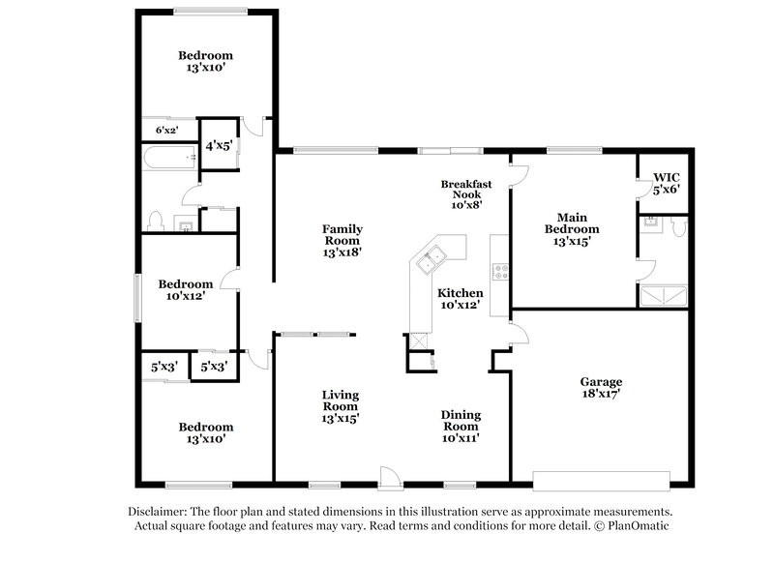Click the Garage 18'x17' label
click(x=601, y=387)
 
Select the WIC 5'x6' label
click(x=667, y=184)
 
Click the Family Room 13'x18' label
click(x=342, y=240)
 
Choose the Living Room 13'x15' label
click(x=341, y=406)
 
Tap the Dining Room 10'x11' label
click(x=461, y=426)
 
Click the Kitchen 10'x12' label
click(x=460, y=299)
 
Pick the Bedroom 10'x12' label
click(x=185, y=290)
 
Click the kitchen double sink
click(x=431, y=258)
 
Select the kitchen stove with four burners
click(x=500, y=272)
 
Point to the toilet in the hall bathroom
click(x=156, y=222)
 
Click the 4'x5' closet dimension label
click(x=217, y=147)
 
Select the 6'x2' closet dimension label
click(x=167, y=130)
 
